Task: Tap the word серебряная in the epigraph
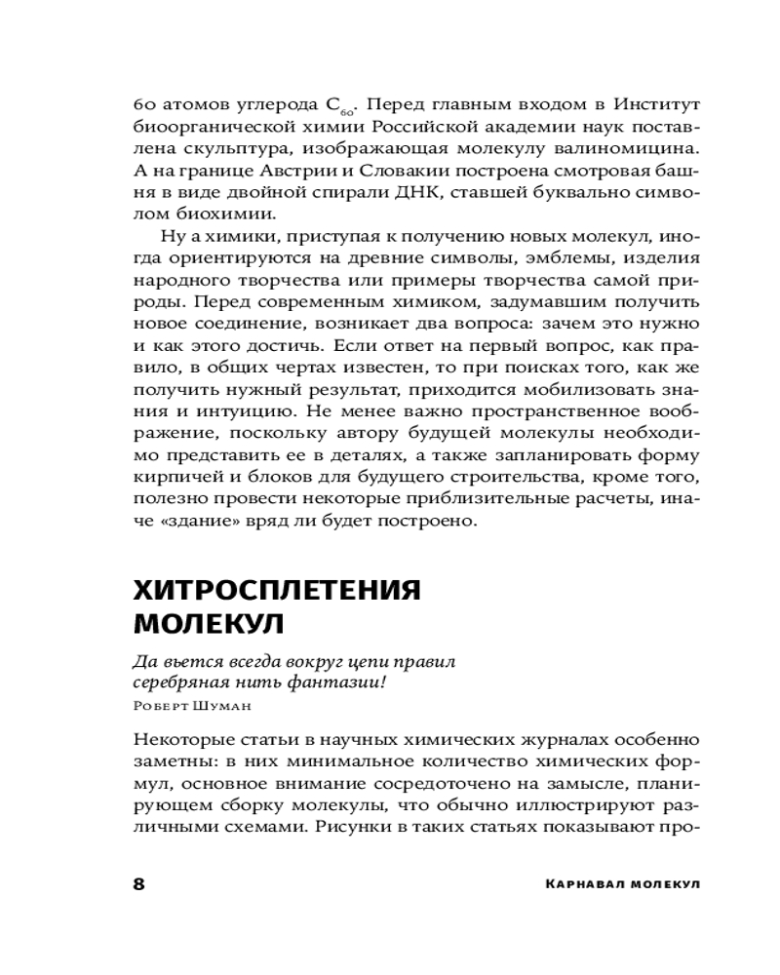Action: (x=178, y=682)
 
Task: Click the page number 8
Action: (x=138, y=884)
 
